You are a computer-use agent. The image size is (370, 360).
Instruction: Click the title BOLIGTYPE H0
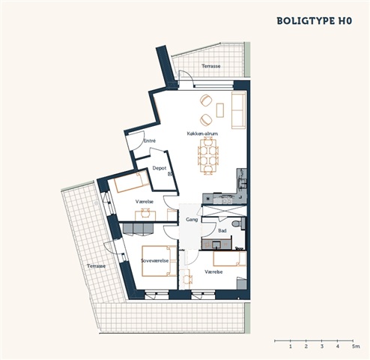point(315,21)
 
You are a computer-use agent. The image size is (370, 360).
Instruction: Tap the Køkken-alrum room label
point(202,133)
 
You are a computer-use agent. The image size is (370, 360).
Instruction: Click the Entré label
point(150,141)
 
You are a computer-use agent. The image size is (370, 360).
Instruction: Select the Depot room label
point(160,168)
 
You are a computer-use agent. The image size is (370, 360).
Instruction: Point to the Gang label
point(192,220)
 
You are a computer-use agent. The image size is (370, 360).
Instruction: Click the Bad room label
point(222,230)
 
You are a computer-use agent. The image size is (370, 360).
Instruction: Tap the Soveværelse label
point(154,261)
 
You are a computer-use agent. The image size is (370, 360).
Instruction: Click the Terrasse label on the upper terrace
point(211,66)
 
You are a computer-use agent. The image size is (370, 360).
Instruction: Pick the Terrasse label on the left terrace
point(96,266)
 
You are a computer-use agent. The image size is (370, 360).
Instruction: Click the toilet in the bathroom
point(237,223)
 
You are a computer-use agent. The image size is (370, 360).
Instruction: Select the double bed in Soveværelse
point(160,261)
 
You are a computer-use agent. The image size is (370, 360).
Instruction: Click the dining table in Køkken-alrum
point(207,156)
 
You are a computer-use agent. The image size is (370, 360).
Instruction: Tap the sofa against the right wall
point(239,110)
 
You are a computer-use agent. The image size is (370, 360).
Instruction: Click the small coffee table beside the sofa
point(220,110)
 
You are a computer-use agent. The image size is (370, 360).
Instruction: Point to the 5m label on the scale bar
point(356,346)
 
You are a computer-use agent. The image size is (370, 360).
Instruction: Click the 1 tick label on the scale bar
point(291,346)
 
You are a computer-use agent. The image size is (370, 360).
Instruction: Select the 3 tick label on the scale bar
point(322,346)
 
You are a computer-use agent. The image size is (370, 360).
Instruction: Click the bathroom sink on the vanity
point(216,244)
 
